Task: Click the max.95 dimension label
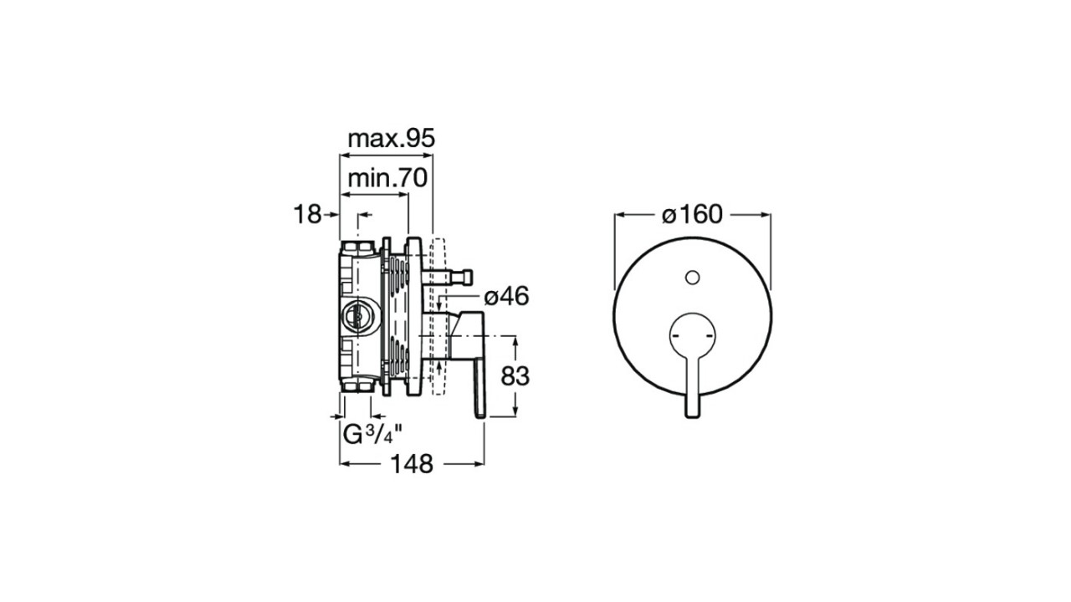(x=392, y=139)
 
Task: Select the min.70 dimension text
(x=387, y=178)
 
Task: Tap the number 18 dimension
(x=307, y=215)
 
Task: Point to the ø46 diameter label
(x=506, y=297)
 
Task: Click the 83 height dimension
(x=515, y=376)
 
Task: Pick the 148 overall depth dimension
(x=413, y=464)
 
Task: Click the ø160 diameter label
(x=692, y=215)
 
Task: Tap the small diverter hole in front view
(x=692, y=277)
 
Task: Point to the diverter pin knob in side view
(x=466, y=277)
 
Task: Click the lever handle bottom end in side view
(x=480, y=415)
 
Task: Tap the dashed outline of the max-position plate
(x=439, y=316)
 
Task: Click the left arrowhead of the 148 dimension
(x=344, y=464)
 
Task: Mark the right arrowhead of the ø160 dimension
(x=766, y=215)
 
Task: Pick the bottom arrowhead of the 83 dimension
(x=515, y=411)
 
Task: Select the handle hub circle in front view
(x=692, y=335)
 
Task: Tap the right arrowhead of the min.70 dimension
(x=403, y=195)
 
